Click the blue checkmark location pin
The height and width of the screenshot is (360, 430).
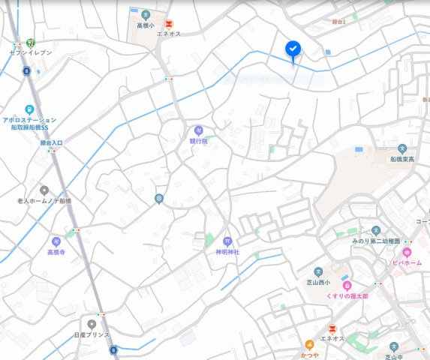(x=293, y=49)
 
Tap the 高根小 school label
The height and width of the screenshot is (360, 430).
(x=145, y=25)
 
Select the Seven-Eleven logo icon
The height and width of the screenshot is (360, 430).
(x=30, y=43)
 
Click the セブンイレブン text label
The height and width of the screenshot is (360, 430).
(x=30, y=53)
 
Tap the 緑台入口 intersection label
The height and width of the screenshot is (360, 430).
(x=51, y=142)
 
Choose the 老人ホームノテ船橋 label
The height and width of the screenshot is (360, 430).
(x=44, y=201)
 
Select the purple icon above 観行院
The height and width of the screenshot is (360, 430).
(x=198, y=130)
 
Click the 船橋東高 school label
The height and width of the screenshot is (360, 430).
(x=402, y=159)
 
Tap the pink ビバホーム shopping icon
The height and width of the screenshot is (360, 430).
(x=407, y=253)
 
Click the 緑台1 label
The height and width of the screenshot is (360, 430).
(x=338, y=22)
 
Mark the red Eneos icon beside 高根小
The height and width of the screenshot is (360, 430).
(x=169, y=24)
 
